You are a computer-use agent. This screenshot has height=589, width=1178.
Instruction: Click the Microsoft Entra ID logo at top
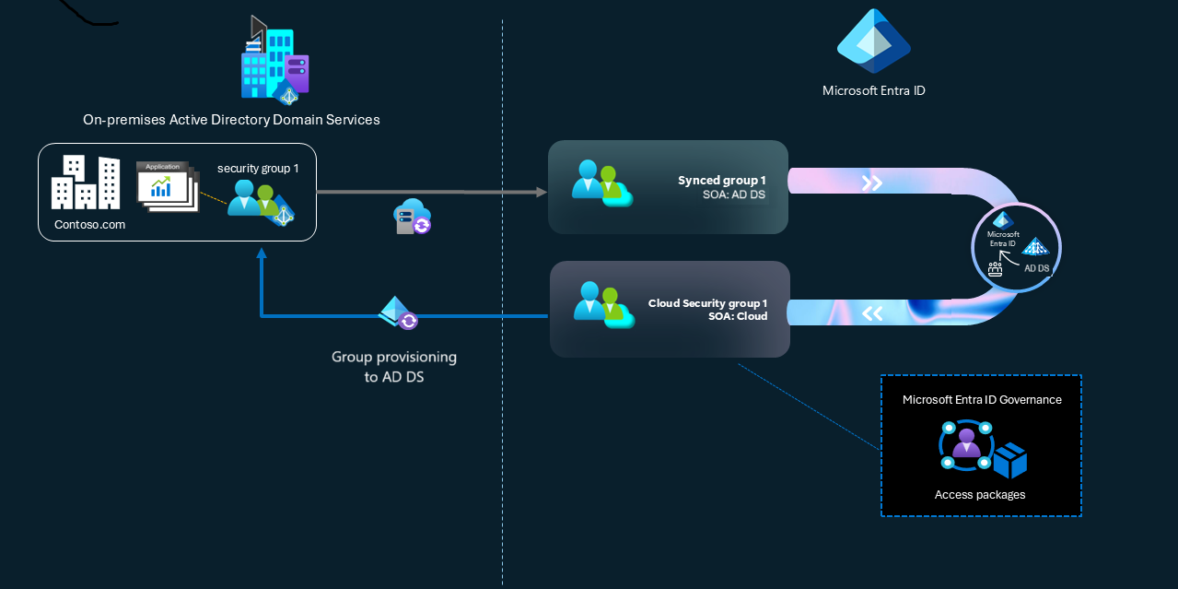[x=873, y=42]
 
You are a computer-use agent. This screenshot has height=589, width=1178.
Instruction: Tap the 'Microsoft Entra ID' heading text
[x=873, y=90]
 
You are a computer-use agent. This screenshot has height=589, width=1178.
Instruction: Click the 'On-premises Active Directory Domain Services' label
[x=231, y=120]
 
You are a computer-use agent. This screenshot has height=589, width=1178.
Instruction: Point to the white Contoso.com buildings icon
[x=86, y=183]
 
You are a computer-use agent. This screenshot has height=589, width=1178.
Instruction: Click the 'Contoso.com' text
[x=89, y=224]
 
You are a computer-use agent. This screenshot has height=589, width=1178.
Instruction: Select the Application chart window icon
[x=167, y=186]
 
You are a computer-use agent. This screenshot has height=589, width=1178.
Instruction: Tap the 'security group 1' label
[x=258, y=169]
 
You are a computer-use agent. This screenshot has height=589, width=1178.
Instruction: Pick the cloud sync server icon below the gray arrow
[x=412, y=217]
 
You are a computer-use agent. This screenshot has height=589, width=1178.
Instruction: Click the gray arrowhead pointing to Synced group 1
[x=541, y=193]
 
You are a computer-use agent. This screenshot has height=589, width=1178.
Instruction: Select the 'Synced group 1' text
[x=722, y=181]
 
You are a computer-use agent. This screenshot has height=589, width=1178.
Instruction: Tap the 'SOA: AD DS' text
[x=734, y=194]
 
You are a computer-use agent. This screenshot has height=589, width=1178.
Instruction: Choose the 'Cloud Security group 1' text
[x=707, y=303]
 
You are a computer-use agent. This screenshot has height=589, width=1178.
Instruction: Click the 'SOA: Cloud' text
[x=737, y=316]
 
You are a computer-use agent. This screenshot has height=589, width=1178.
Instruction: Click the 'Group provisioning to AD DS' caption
[x=393, y=366]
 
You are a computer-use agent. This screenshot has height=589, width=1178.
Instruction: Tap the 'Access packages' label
[x=980, y=495]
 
